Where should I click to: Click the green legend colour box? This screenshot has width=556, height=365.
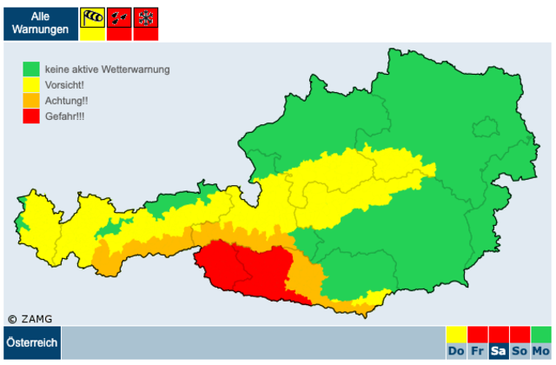click(31, 69)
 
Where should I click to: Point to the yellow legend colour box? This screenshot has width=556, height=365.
click(31, 84)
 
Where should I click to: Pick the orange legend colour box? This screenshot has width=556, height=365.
click(31, 100)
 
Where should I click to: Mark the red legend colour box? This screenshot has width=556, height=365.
click(31, 116)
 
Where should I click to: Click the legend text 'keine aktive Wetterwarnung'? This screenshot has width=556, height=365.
click(107, 69)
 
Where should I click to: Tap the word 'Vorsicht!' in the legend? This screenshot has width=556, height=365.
click(66, 84)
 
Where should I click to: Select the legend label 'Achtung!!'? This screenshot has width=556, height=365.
click(67, 100)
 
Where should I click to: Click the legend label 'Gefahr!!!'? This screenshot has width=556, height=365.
click(65, 116)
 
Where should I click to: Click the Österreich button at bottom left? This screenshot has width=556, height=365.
click(32, 343)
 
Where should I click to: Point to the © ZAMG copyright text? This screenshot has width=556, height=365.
click(30, 319)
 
